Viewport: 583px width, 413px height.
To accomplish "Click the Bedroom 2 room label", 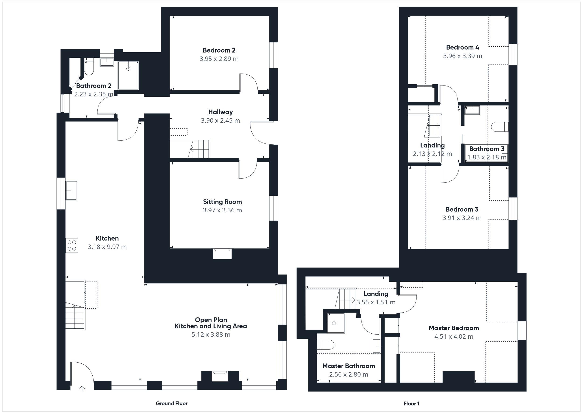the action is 219,50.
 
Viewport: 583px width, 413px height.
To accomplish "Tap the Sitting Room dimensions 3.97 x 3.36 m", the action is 222,210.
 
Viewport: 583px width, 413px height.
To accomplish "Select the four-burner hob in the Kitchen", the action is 72,246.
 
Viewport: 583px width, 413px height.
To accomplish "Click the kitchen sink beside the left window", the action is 71,191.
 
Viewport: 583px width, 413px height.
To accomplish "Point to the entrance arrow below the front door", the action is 82,388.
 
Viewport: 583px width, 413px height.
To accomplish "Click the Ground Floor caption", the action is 172,403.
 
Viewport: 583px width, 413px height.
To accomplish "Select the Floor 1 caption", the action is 411,404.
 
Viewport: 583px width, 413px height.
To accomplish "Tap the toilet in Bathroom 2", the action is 89,66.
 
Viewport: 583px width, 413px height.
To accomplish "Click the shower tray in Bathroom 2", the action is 128,75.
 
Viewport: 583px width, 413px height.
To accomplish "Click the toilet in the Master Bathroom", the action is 326,345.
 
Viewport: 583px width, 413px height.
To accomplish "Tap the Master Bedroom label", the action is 454,328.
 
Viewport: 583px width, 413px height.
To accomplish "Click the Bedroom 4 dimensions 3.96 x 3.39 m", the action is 462,56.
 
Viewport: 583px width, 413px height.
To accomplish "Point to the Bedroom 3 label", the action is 462,209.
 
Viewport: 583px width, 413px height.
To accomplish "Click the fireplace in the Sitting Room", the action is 222,253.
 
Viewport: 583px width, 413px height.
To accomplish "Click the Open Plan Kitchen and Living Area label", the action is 211,323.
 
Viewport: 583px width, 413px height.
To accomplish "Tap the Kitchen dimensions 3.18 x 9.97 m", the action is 107,247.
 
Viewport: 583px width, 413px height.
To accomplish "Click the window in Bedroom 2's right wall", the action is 274,55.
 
